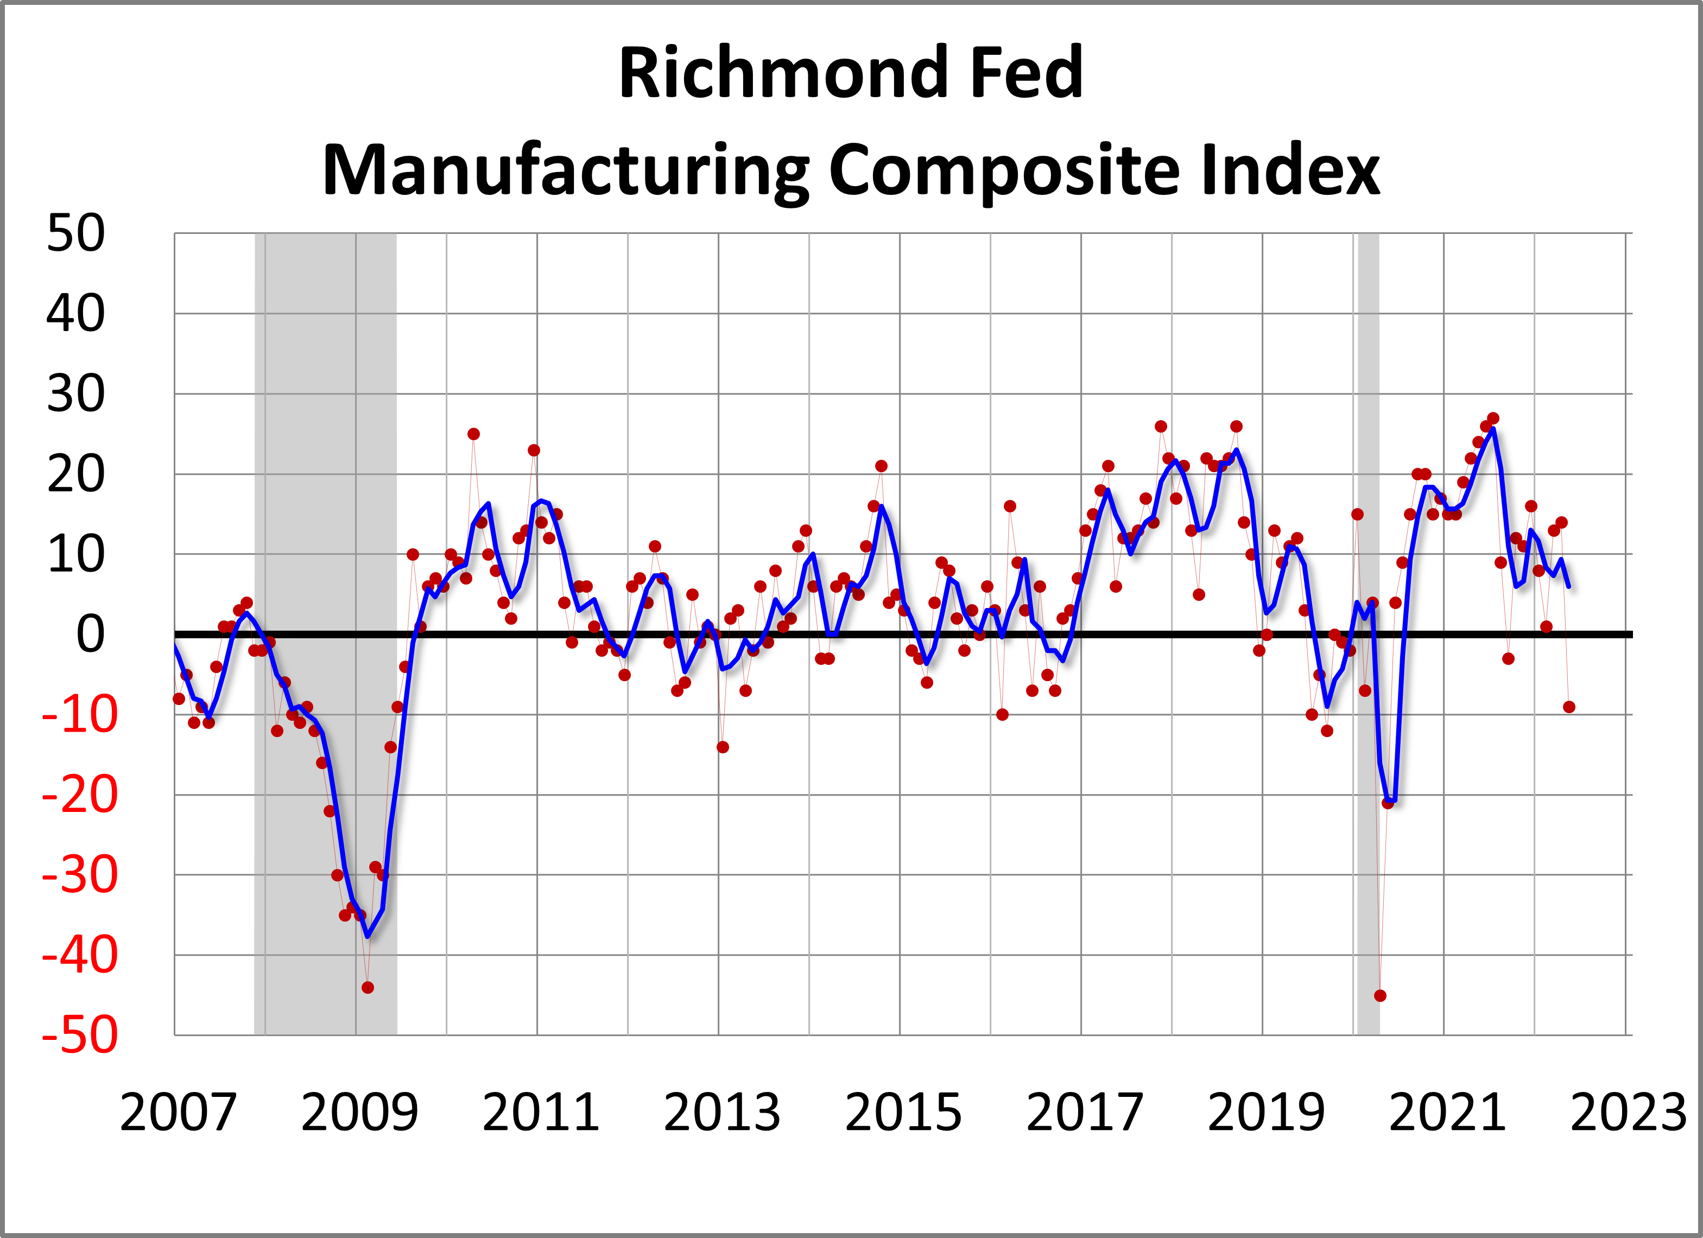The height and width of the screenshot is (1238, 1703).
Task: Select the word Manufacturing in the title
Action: click(x=565, y=170)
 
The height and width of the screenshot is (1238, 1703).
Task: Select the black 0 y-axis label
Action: click(x=90, y=634)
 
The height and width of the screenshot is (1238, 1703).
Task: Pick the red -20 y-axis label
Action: click(x=80, y=795)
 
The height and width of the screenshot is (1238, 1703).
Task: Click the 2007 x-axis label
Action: click(x=178, y=1113)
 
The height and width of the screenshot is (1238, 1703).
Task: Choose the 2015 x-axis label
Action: click(x=903, y=1113)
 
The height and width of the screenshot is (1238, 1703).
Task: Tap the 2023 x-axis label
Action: click(x=1628, y=1113)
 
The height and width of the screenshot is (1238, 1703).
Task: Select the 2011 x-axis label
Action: click(x=541, y=1113)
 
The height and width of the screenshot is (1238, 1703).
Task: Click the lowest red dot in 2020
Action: click(x=1380, y=995)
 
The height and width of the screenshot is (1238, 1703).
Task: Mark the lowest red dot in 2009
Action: click(x=367, y=987)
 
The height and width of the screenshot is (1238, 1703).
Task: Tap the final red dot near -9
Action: click(x=1568, y=707)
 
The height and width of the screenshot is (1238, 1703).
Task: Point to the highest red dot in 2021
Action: click(x=1493, y=418)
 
